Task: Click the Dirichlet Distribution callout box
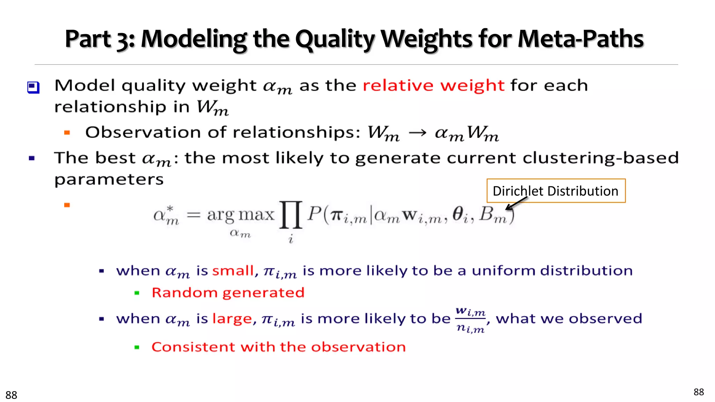[556, 191]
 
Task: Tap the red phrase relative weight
[433, 85]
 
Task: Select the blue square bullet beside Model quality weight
[34, 87]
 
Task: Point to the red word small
[233, 271]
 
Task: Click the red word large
[232, 319]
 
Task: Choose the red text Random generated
[228, 292]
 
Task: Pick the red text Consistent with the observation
[279, 347]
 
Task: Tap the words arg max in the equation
[241, 215]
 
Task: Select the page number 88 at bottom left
[11, 395]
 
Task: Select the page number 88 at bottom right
[699, 392]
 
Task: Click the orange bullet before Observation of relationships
[67, 133]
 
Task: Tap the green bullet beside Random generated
[137, 293]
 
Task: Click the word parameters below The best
[109, 180]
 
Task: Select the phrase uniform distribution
[552, 271]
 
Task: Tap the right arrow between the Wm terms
[417, 133]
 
